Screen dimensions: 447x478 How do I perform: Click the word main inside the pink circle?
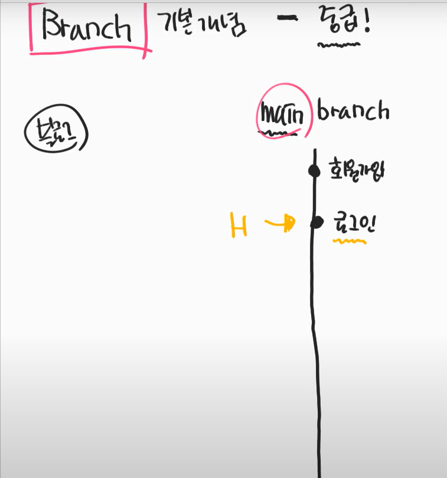[x=282, y=114]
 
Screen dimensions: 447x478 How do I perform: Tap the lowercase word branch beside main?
[x=353, y=110]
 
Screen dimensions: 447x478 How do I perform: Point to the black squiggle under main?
[x=278, y=133]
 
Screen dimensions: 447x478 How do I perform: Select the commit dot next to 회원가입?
[x=314, y=171]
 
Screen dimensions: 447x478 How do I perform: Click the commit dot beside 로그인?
[x=317, y=222]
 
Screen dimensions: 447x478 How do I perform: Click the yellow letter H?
[x=239, y=225]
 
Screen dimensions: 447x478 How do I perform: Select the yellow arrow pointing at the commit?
[x=279, y=223]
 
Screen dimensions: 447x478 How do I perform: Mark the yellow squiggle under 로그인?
[x=350, y=241]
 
